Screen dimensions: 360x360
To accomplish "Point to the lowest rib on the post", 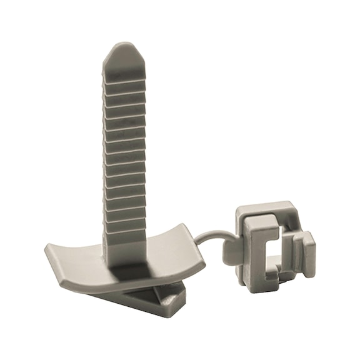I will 126,236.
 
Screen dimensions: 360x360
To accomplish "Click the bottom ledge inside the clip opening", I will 273,273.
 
